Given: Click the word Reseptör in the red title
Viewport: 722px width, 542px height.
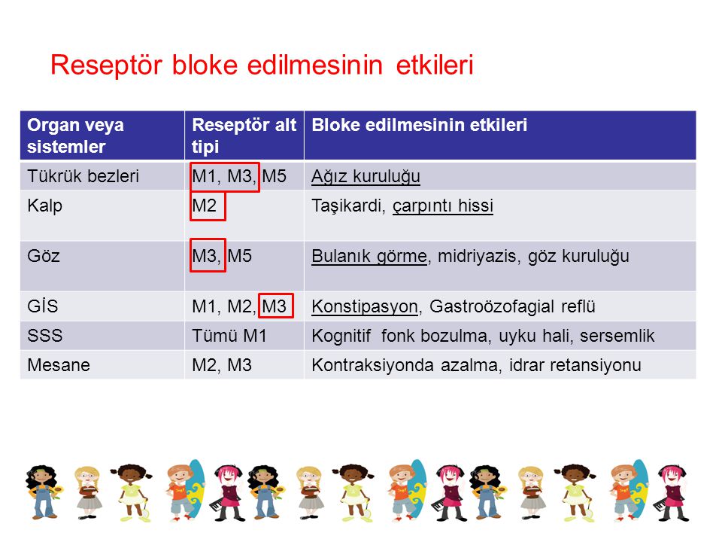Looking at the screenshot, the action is (106, 65).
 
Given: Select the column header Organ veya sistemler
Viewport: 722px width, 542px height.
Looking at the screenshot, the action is (75, 135).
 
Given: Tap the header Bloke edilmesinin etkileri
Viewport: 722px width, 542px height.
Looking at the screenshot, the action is (419, 125).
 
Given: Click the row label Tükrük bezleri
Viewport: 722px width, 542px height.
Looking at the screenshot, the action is (83, 176).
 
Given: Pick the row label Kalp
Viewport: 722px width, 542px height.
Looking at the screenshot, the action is (44, 206).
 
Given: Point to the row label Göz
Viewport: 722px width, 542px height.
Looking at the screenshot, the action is (44, 256).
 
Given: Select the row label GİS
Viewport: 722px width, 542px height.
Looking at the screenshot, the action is (42, 306).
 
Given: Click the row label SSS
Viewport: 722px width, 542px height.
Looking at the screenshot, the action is (44, 336).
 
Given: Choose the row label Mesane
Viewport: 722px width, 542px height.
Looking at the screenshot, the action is (59, 365).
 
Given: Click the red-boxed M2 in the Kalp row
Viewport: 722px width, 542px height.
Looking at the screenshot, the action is (204, 206).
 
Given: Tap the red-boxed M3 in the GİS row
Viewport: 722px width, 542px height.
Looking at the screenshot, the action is (275, 306).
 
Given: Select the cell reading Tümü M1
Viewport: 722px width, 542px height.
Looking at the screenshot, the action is (229, 336).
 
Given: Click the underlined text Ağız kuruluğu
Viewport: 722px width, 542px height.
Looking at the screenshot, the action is (366, 176).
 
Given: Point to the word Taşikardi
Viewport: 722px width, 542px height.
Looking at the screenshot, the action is (348, 206).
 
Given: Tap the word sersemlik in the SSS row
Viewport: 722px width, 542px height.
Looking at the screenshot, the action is (617, 336).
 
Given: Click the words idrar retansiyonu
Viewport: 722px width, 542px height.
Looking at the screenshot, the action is (575, 365).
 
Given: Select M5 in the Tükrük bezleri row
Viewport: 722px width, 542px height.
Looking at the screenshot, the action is (275, 176).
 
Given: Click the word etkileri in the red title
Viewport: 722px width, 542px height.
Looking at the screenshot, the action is (434, 65).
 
